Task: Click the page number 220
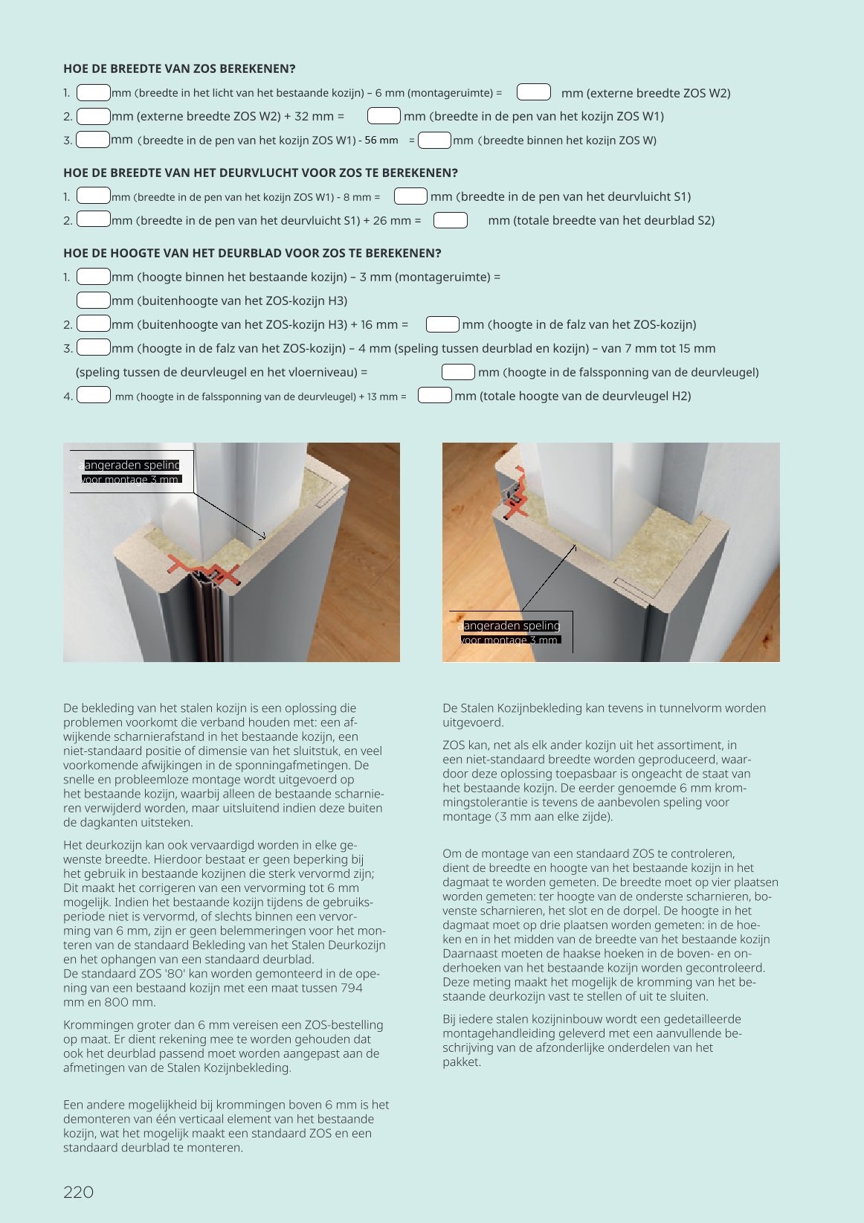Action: (78, 1192)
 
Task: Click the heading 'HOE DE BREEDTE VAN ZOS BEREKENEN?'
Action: (179, 68)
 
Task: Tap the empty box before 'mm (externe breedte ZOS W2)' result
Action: (533, 92)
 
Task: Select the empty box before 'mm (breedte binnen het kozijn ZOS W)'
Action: (434, 140)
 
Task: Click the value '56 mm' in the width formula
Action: (381, 140)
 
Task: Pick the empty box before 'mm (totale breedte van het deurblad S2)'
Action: (450, 220)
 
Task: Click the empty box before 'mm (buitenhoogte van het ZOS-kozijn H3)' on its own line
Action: (94, 301)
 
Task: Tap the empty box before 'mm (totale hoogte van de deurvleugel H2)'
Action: (434, 396)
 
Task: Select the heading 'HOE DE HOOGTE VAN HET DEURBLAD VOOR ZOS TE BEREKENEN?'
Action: (252, 253)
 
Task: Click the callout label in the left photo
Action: (132, 472)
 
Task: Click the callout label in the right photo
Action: (511, 632)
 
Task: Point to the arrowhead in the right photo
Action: (574, 547)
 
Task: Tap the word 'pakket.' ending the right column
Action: (462, 1062)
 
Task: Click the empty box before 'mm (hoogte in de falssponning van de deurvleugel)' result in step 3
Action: (458, 372)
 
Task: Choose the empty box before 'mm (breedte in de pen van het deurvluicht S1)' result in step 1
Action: (410, 196)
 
